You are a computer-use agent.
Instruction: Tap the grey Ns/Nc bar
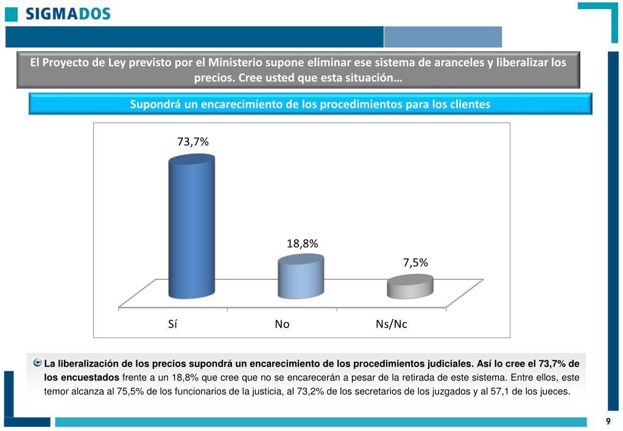point(410,287)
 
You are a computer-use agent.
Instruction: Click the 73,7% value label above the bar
point(193,142)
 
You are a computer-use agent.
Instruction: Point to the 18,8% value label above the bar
point(303,244)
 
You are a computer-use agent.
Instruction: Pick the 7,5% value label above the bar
point(415,263)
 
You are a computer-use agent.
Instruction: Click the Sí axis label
point(173,324)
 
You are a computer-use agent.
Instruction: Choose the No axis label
point(282,324)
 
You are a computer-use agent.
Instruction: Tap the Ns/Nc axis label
point(392,324)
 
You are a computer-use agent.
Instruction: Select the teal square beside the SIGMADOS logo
point(12,14)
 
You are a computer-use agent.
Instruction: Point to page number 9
point(608,422)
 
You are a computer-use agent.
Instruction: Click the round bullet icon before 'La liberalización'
point(37,363)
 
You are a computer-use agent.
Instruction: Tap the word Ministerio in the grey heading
point(234,63)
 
